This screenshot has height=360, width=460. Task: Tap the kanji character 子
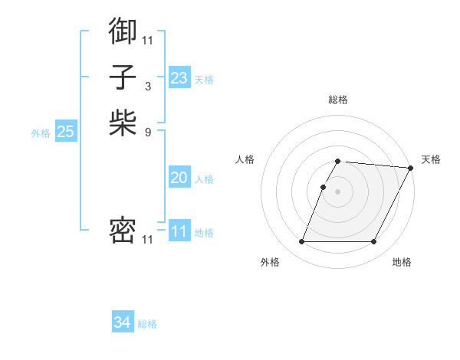coord(123,77)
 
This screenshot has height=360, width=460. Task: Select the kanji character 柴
coord(123,123)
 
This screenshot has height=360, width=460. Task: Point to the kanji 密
coord(123,231)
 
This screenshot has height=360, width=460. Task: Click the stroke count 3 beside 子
coord(148,86)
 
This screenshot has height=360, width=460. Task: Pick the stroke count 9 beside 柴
coord(148,131)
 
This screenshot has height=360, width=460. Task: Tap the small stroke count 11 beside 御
coord(147,40)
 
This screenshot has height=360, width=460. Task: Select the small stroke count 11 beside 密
coord(147,240)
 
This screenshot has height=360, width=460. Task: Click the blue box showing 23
coord(179,78)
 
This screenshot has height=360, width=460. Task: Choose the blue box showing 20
coord(179,178)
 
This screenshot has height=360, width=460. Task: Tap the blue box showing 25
coord(65,132)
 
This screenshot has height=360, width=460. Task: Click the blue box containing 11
coord(179,231)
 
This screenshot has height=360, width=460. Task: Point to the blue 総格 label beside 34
coord(147,324)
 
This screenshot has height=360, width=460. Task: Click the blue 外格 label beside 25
coord(41,133)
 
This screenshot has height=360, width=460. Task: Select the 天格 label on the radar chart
coord(431,159)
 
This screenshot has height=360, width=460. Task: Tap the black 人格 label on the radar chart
coord(245,159)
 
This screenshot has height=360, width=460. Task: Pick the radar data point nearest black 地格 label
coord(373,242)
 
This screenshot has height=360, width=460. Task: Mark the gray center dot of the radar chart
coord(337,191)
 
